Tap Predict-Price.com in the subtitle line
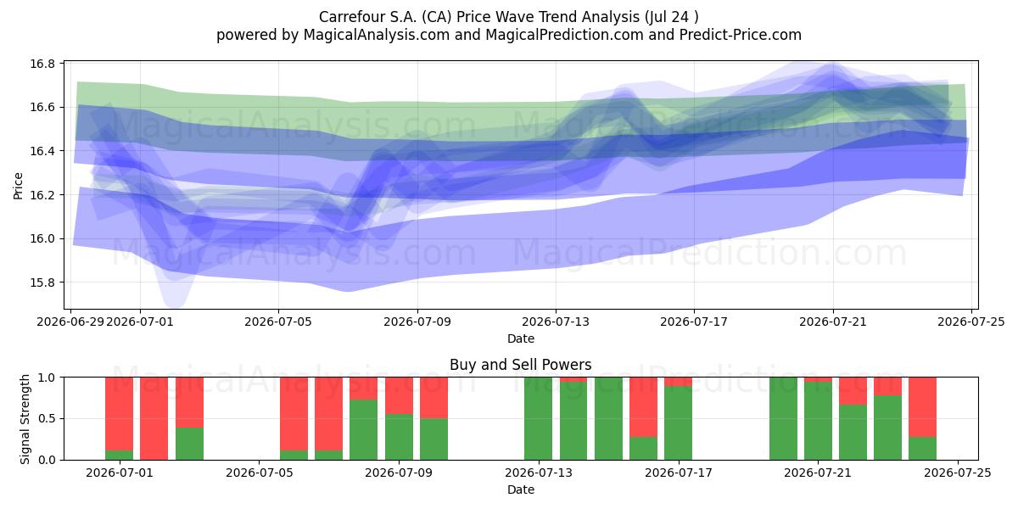pyautogui.click(x=741, y=35)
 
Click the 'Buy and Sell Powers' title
pyautogui.click(x=520, y=365)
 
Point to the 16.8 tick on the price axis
pyautogui.click(x=42, y=64)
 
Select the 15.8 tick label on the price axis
pyautogui.click(x=42, y=282)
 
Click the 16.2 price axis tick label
pyautogui.click(x=42, y=195)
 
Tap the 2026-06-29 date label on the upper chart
pyautogui.click(x=70, y=322)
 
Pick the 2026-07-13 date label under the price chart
pyautogui.click(x=556, y=322)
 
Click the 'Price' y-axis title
pyautogui.click(x=18, y=186)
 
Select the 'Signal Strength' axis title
pyautogui.click(x=25, y=419)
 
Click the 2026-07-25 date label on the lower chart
pyautogui.click(x=958, y=473)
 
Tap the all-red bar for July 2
pyautogui.click(x=154, y=418)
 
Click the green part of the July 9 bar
pyautogui.click(x=433, y=439)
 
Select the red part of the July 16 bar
pyautogui.click(x=643, y=407)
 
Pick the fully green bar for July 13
pyautogui.click(x=538, y=418)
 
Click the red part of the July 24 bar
pyautogui.click(x=923, y=407)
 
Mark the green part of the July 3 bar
pyautogui.click(x=189, y=444)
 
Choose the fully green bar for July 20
pyautogui.click(x=784, y=418)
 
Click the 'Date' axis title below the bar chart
pyautogui.click(x=520, y=489)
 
